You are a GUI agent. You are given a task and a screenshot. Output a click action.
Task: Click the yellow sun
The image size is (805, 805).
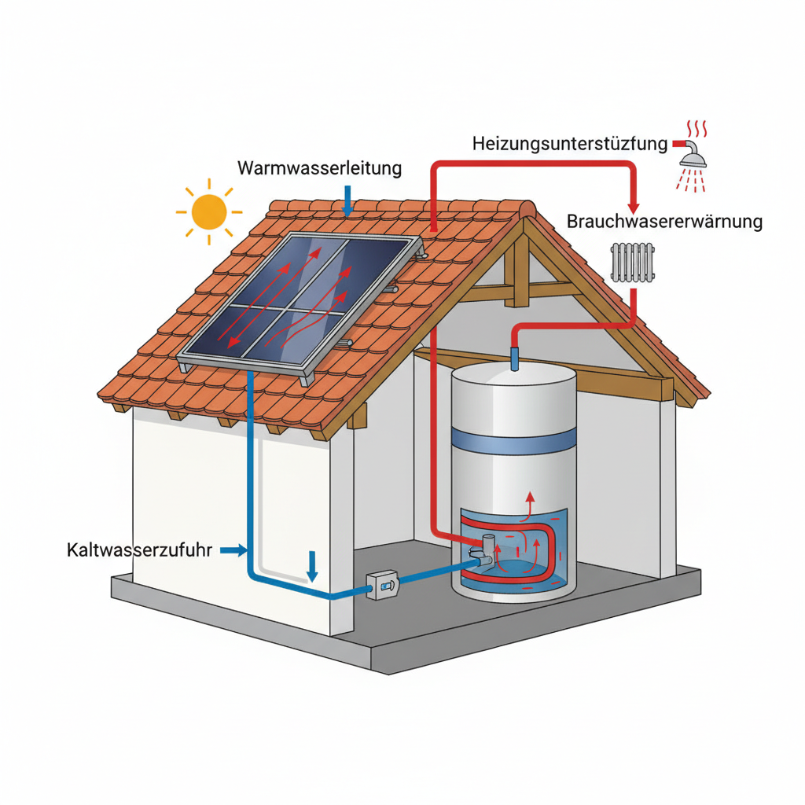click(x=208, y=211)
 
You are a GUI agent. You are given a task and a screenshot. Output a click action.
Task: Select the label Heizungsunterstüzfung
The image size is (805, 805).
click(x=571, y=145)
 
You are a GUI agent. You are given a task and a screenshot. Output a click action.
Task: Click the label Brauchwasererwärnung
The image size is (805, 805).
click(x=664, y=222)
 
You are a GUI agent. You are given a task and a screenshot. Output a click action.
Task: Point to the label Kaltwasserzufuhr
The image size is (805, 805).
click(x=140, y=550)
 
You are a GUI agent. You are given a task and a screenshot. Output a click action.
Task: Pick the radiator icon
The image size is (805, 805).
click(x=632, y=262)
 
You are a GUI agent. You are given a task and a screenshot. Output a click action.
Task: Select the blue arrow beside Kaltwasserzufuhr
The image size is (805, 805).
click(x=232, y=551)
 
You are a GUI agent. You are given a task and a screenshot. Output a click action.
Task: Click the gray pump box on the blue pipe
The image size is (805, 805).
click(x=384, y=586)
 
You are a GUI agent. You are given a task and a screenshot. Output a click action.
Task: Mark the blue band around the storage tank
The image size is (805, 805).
click(x=513, y=442)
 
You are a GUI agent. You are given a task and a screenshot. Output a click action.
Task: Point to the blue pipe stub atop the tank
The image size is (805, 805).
click(x=515, y=359)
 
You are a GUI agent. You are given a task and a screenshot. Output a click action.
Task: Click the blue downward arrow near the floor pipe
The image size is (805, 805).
click(x=312, y=566)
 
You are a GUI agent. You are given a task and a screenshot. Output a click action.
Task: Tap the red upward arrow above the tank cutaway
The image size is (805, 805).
click(x=530, y=499)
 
